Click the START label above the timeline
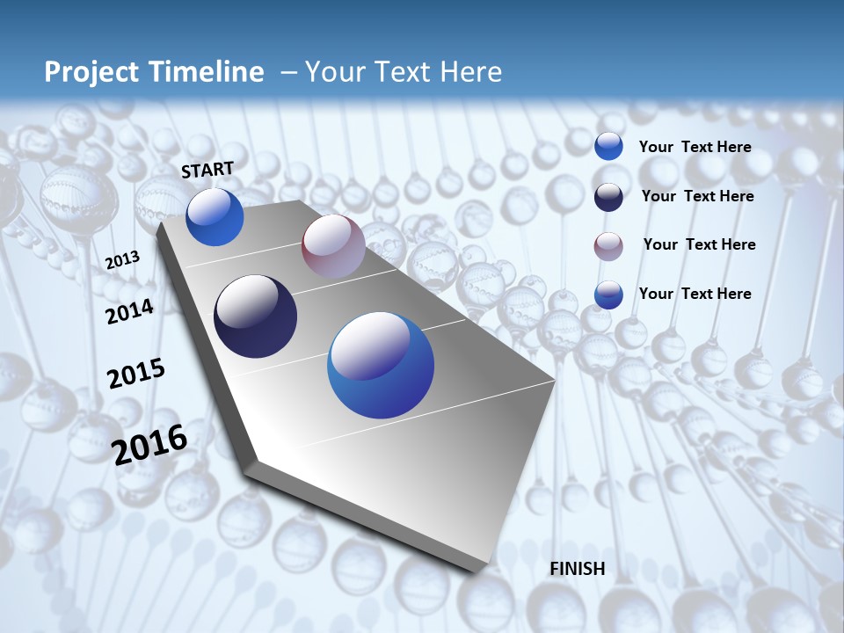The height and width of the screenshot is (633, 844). [207, 169]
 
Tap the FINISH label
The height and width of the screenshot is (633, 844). [577, 569]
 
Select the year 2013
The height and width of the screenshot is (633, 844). [122, 260]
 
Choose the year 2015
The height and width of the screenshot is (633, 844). [136, 374]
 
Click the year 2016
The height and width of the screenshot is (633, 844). [149, 445]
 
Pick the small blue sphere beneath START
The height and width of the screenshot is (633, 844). [215, 217]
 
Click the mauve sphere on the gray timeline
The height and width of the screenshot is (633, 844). [333, 246]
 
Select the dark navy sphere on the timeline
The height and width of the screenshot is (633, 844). [255, 316]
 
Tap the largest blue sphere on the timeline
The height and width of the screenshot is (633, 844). [381, 365]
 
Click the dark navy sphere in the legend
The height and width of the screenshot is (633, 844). [608, 197]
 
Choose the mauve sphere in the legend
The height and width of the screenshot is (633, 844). [608, 246]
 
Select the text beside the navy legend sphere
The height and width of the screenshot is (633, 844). [697, 196]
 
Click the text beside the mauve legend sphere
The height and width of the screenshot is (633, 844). [699, 244]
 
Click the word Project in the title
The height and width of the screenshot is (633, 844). [91, 72]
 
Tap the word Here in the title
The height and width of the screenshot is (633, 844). [471, 72]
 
